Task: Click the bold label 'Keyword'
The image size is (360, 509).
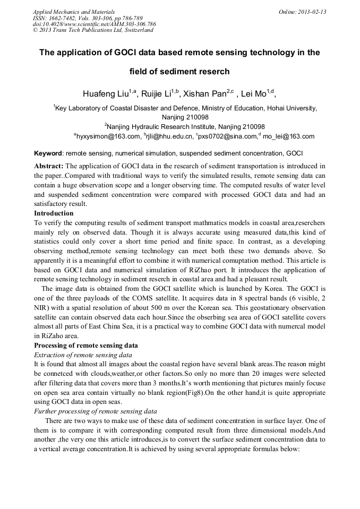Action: point(48,153)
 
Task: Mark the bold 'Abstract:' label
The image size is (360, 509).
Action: point(49,166)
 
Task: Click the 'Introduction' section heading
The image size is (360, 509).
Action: point(54,213)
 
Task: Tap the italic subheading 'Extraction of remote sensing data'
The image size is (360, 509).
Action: point(83,354)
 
